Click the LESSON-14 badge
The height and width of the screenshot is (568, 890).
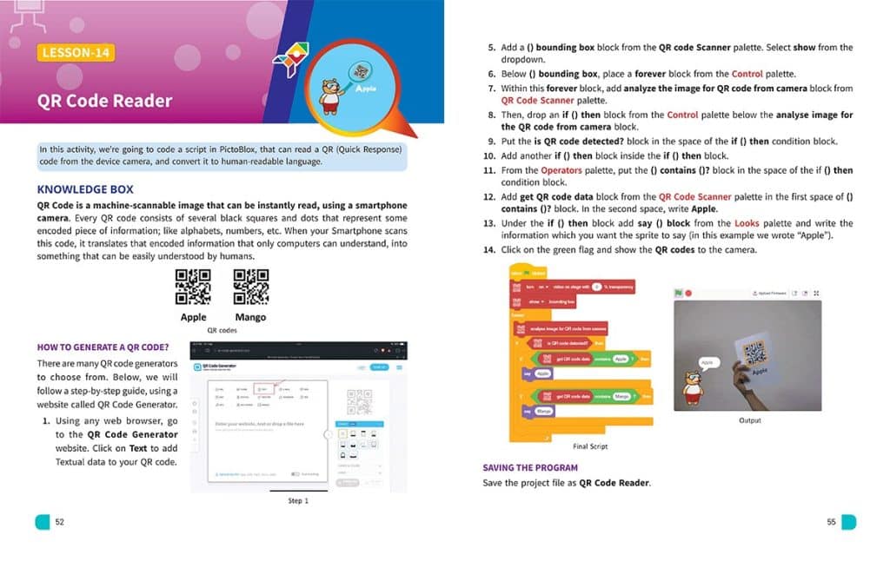pyautogui.click(x=76, y=53)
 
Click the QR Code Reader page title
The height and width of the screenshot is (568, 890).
pyautogui.click(x=104, y=101)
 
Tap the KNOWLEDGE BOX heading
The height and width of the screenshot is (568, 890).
pyautogui.click(x=85, y=189)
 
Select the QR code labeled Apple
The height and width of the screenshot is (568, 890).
pyautogui.click(x=193, y=288)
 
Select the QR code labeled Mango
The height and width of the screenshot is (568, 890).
pyautogui.click(x=250, y=288)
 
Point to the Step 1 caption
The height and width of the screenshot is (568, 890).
pyautogui.click(x=297, y=501)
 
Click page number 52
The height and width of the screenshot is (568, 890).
pyautogui.click(x=59, y=522)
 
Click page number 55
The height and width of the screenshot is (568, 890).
pyautogui.click(x=831, y=522)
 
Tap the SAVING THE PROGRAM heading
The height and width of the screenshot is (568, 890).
pyautogui.click(x=529, y=467)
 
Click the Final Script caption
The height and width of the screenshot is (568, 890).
pyautogui.click(x=590, y=446)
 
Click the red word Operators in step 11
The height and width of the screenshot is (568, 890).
pyautogui.click(x=561, y=170)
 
